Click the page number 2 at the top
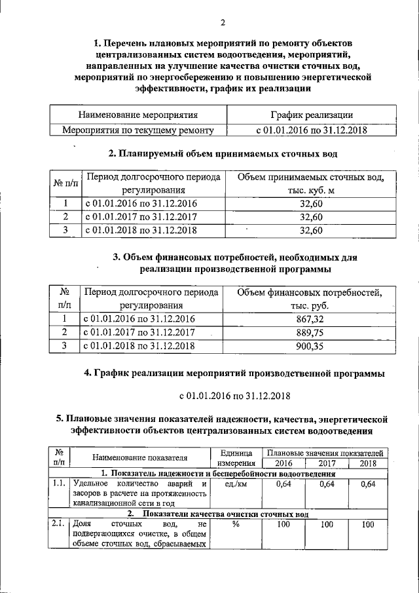223,24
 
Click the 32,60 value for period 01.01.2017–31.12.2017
311,217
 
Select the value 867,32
311,319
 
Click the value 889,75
311,332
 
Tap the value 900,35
311,346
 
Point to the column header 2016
283,463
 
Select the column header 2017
326,463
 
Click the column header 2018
368,463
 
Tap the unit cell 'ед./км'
234,484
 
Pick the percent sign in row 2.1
234,525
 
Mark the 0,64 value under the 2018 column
368,484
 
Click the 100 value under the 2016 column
283,525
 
